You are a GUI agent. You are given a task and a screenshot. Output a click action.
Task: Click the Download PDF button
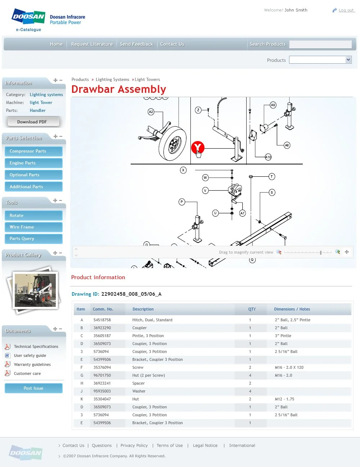32,122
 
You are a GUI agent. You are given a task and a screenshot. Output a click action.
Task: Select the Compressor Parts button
33,151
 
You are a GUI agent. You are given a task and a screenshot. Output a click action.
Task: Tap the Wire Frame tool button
33,227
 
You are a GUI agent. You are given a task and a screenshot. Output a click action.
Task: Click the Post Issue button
33,388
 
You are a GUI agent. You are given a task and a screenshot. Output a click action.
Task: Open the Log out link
346,10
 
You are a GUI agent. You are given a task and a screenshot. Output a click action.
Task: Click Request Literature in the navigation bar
92,44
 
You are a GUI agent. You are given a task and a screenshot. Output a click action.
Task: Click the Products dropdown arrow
348,60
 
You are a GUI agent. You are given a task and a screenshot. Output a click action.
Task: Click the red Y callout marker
198,147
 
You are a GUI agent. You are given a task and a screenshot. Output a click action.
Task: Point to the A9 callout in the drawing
273,105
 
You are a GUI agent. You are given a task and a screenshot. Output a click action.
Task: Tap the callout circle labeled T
272,176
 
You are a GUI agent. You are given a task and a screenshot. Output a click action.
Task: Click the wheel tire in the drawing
173,143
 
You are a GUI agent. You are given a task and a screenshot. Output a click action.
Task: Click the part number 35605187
102,336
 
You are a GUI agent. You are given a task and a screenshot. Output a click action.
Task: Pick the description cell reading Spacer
139,383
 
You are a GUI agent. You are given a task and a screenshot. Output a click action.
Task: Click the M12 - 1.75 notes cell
284,399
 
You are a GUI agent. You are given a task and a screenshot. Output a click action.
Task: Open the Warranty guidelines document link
32,364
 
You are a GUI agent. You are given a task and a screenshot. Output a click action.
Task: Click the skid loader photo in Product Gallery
35,290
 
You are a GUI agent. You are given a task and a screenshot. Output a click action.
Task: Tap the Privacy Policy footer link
134,445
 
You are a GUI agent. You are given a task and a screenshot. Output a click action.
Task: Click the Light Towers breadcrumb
147,80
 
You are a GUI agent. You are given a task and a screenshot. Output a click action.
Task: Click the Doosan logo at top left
28,17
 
